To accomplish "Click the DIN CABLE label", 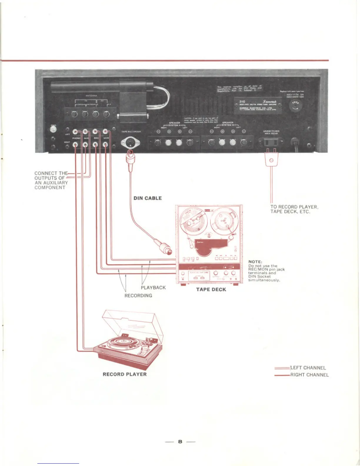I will pos(148,198).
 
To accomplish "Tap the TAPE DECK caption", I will pos(211,289).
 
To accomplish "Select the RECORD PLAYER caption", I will pos(125,374).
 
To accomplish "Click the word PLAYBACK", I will pos(153,287).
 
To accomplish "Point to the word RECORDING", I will pos(138,295).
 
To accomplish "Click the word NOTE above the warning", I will pos(255,262).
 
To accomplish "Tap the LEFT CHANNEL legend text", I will pos(308,368).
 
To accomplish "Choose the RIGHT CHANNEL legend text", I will pos(309,375).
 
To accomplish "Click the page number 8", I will pos(180,441).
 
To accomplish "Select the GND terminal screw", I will pos(53,129).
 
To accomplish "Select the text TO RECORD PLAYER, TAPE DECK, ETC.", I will pos(294,209).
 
